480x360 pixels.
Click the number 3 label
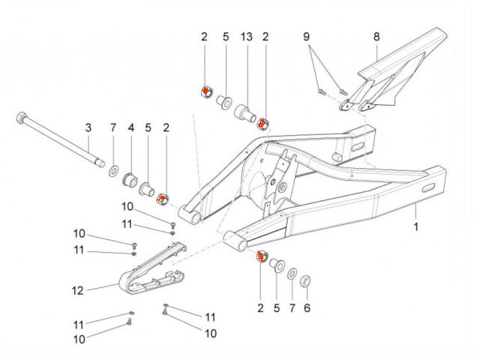click(x=87, y=127)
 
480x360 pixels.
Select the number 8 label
click(x=376, y=36)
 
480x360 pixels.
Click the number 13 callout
click(x=245, y=36)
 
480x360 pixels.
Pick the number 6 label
click(x=306, y=307)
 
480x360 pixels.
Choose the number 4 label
click(x=130, y=127)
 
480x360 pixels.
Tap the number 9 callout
click(x=307, y=36)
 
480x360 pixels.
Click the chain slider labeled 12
click(x=154, y=270)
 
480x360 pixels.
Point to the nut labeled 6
click(x=306, y=282)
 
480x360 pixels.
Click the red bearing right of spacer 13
click(x=262, y=123)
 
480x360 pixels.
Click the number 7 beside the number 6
click(x=292, y=307)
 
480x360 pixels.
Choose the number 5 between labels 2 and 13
click(x=225, y=36)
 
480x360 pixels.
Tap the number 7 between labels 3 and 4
click(x=113, y=127)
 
